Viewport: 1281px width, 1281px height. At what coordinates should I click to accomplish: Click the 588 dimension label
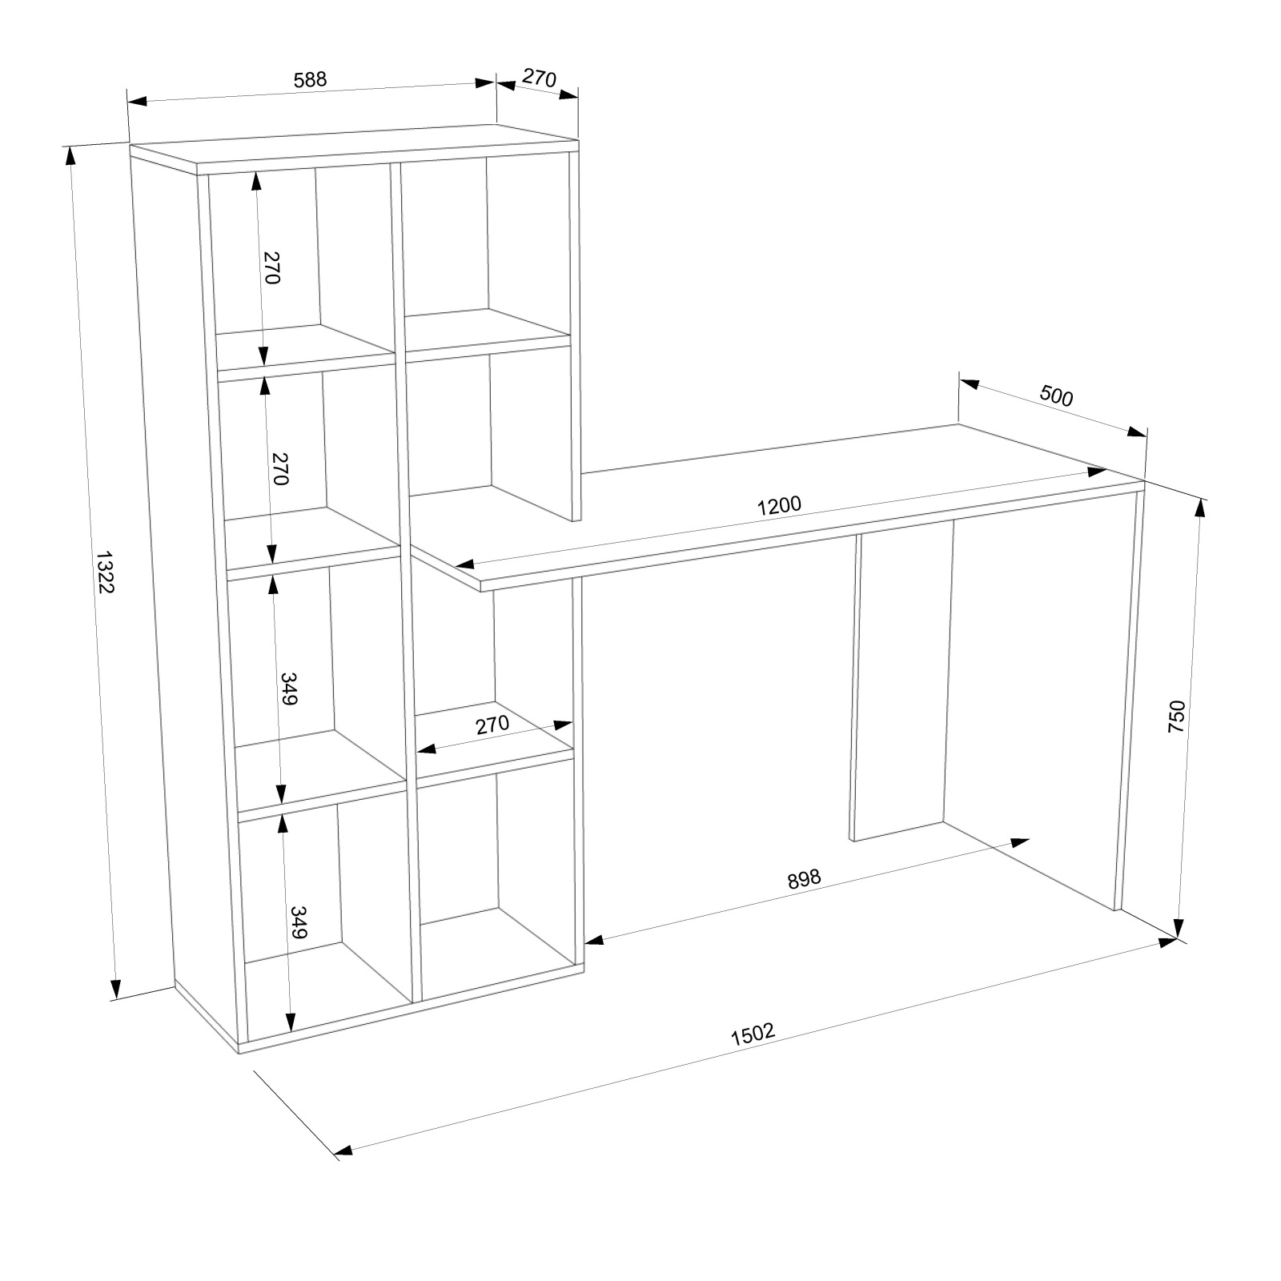coord(311,79)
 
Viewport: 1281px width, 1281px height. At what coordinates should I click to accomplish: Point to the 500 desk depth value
coord(1056,396)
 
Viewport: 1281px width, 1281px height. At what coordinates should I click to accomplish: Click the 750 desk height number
coord(1176,717)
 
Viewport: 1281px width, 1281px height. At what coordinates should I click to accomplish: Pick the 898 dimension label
coord(805,878)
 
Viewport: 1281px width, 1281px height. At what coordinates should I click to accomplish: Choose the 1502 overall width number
coord(753,1034)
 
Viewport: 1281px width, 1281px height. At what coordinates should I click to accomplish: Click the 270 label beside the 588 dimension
coord(539,78)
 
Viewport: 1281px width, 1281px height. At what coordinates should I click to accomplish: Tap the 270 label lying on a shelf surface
coord(492,725)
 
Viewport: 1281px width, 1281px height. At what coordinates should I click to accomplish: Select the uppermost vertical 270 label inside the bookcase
coord(271,267)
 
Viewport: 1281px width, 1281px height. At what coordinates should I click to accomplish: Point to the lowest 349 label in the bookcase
coord(298,922)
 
